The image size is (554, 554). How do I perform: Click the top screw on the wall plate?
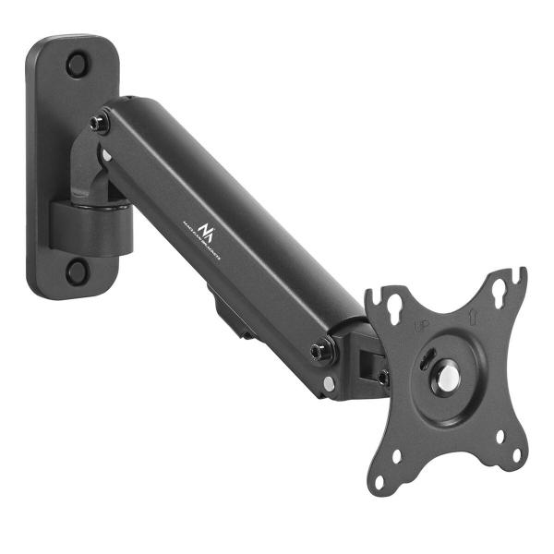coord(77,65)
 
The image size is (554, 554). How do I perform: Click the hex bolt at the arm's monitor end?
coord(319,350)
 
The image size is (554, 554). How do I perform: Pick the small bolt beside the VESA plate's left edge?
coord(383,377)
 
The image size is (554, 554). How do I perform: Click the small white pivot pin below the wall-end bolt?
coord(108,155)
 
